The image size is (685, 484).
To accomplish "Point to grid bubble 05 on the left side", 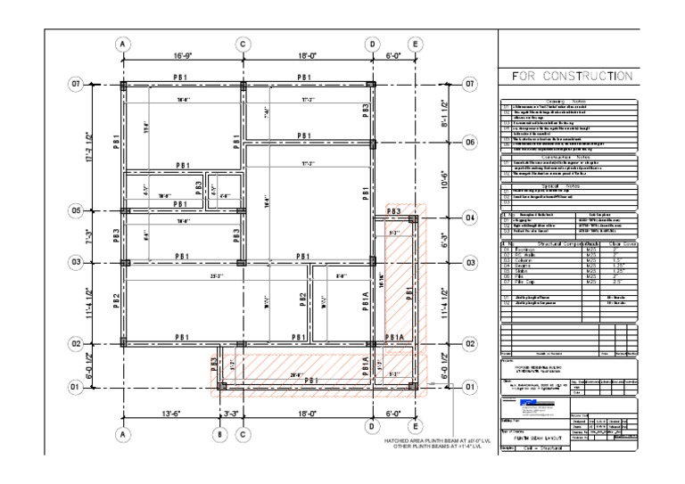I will click(76, 211).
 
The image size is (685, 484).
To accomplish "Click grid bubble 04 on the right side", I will click(471, 217).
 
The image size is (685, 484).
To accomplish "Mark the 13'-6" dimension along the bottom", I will click(170, 414).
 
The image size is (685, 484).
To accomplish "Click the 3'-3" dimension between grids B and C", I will click(231, 414).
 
